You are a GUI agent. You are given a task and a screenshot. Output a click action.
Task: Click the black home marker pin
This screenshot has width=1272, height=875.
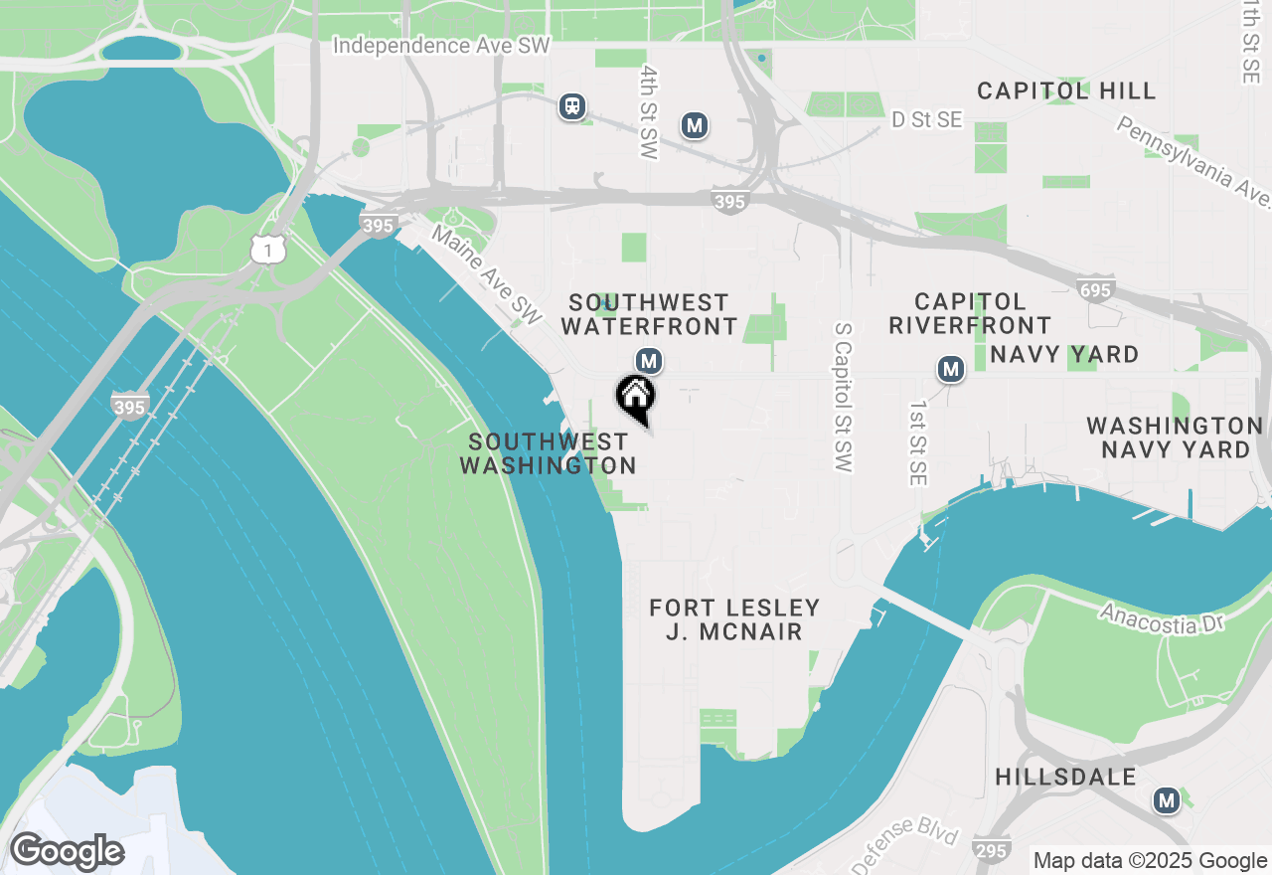(636, 398)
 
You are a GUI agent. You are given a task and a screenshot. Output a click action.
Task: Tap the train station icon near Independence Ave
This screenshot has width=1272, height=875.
(571, 106)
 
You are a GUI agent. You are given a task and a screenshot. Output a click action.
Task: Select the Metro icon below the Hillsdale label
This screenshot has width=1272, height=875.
(1167, 799)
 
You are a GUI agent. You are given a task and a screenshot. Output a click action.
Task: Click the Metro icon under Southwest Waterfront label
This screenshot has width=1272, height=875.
(649, 361)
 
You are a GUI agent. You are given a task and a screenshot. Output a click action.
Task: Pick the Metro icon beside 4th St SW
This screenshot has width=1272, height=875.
(695, 125)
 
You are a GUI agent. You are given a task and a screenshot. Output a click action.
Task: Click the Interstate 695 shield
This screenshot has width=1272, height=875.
(1094, 289)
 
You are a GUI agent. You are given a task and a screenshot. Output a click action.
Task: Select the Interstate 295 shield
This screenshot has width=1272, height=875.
(991, 851)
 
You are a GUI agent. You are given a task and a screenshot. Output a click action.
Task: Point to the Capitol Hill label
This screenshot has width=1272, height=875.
(1066, 91)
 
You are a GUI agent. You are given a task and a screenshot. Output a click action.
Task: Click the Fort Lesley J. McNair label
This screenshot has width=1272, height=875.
(734, 619)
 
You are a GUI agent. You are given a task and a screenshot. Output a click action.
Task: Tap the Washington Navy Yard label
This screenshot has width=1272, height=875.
(1175, 437)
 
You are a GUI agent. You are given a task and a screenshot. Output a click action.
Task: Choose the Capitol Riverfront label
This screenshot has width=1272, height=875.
(970, 313)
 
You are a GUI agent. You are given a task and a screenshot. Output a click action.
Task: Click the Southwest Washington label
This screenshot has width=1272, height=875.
(548, 453)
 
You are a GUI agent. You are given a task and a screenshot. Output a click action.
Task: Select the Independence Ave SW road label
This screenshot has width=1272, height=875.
(441, 46)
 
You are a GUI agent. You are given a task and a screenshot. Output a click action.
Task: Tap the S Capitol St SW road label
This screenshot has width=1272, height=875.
(844, 397)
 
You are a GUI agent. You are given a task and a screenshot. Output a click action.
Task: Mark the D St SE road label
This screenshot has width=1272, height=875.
(926, 119)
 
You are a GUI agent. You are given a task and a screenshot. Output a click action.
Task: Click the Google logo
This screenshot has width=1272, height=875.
(68, 851)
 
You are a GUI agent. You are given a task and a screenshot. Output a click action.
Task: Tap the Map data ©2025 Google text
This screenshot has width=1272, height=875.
(1150, 861)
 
